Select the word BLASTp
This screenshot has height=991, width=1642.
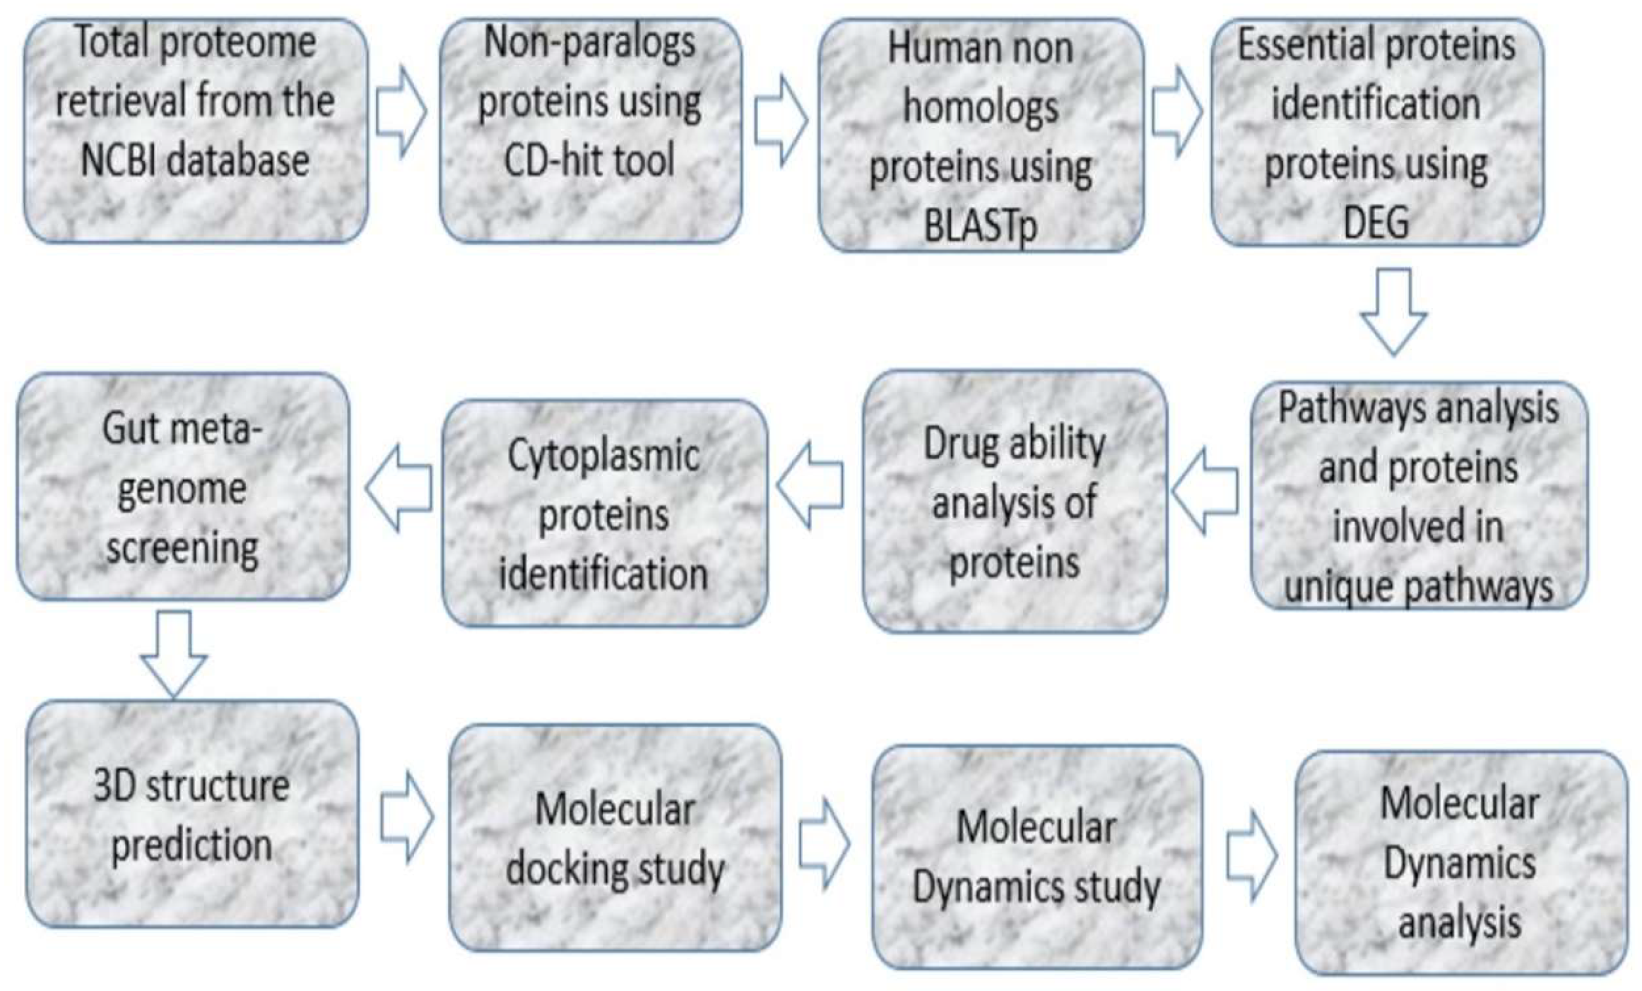point(980,227)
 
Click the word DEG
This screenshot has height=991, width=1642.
point(1376,222)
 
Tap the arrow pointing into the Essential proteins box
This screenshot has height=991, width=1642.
point(1177,111)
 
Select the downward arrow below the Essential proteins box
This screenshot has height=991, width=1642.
point(1393,310)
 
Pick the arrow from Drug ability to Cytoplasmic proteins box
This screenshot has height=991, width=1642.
point(810,485)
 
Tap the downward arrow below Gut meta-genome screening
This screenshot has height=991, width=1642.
point(174,652)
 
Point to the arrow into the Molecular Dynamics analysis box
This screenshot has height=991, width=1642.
point(1252,856)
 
